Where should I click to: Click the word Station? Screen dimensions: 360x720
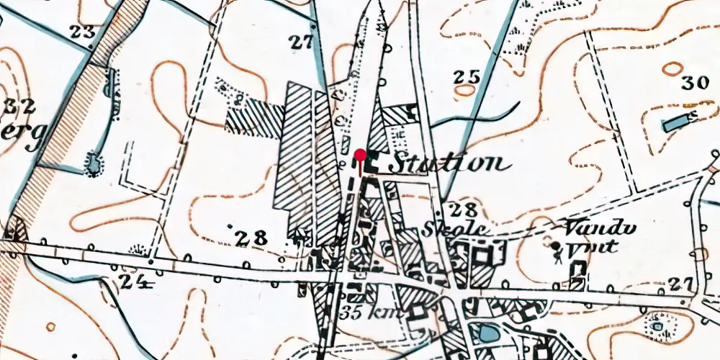coord(444,163)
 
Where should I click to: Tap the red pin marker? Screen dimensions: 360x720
coord(360,155)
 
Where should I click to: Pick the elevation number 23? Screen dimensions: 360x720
coord(84,31)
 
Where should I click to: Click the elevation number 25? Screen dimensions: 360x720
coord(467,76)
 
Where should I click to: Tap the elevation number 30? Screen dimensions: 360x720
coord(695,82)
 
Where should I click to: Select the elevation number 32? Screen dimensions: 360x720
coord(19,107)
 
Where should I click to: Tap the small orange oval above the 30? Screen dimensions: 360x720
coord(672,68)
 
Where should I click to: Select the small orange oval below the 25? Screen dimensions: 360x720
coord(465,91)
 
